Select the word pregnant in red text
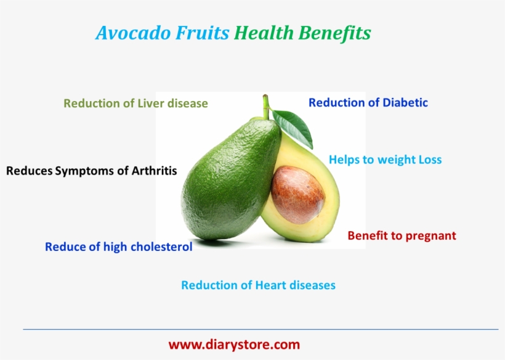tap(430, 235)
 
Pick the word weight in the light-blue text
tap(395, 160)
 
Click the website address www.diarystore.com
tap(234, 345)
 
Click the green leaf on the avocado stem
tap(293, 126)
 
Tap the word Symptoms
tap(92, 171)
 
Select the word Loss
tap(430, 160)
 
